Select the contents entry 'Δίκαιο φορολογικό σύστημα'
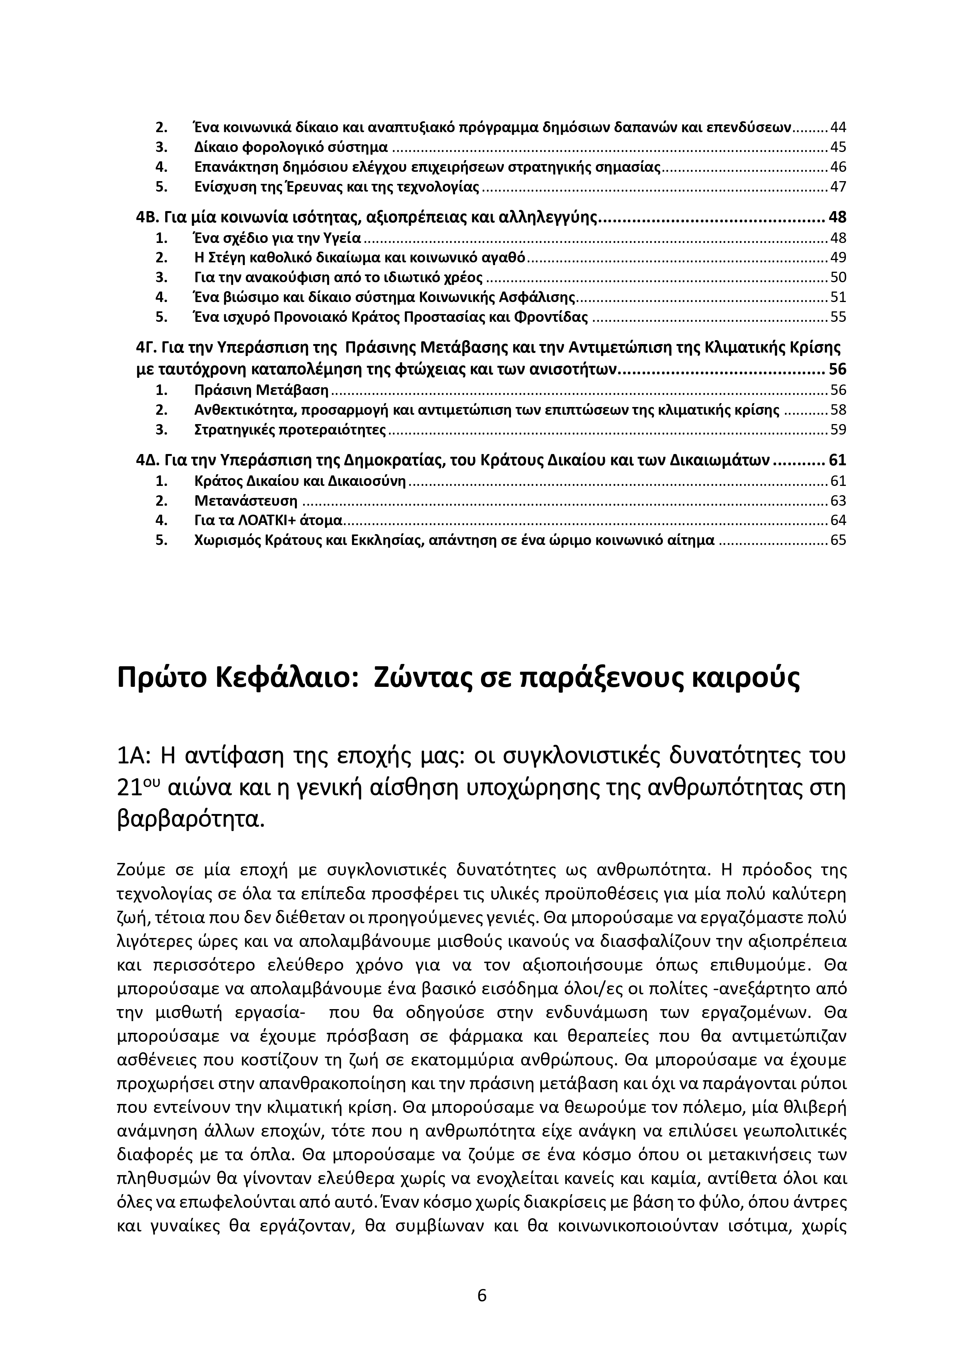pyautogui.click(x=291, y=147)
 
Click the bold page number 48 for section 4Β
pyautogui.click(x=837, y=217)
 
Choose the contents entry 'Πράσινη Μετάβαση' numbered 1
pyautogui.click(x=261, y=390)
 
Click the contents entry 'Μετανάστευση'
pyautogui.click(x=246, y=501)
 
